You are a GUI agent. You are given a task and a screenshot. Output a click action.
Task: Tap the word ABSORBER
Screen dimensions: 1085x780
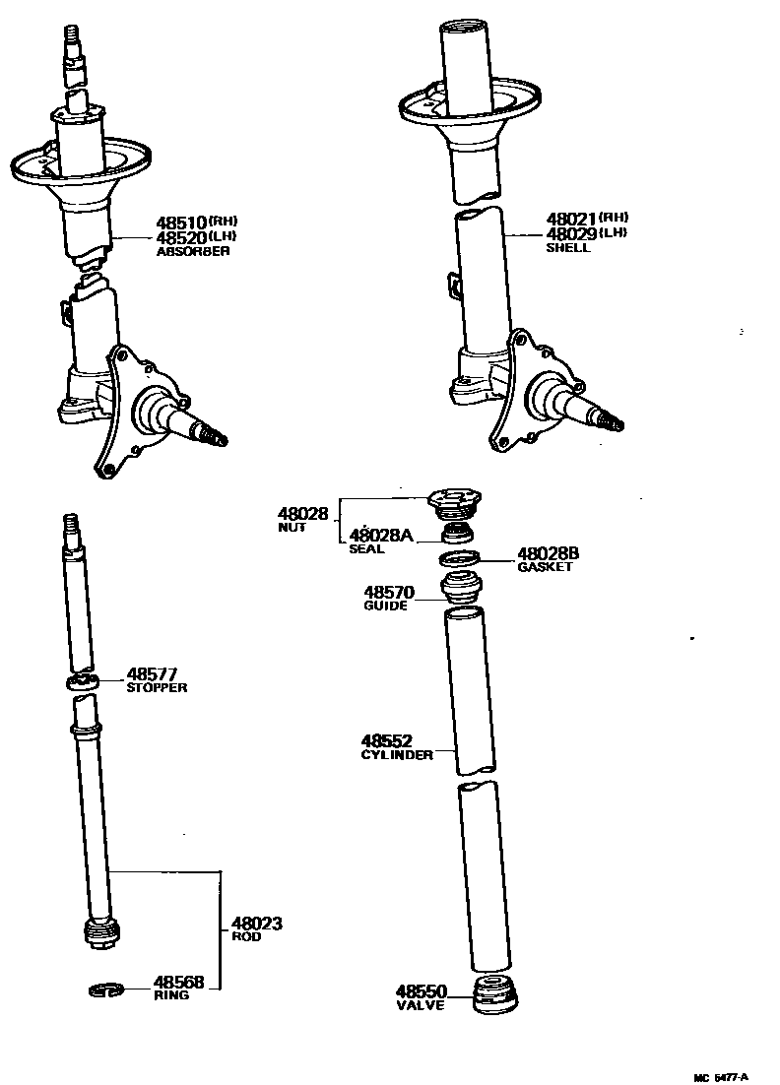pyautogui.click(x=193, y=252)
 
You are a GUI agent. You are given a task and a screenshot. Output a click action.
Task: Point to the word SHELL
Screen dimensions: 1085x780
pyautogui.click(x=568, y=248)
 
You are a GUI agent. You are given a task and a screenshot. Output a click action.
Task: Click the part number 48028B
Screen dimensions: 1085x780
pyautogui.click(x=549, y=553)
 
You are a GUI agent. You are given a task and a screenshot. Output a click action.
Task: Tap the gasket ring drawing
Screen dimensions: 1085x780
pyautogui.click(x=460, y=560)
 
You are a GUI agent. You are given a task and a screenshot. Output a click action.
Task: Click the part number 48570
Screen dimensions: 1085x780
pyautogui.click(x=388, y=593)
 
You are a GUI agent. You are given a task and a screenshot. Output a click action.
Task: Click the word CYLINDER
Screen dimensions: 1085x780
pyautogui.click(x=397, y=755)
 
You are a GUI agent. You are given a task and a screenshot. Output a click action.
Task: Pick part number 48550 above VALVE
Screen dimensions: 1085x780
pyautogui.click(x=422, y=991)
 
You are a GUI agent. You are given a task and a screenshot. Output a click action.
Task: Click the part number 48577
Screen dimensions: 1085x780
pyautogui.click(x=152, y=674)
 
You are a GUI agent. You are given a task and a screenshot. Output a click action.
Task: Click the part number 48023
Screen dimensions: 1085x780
pyautogui.click(x=256, y=924)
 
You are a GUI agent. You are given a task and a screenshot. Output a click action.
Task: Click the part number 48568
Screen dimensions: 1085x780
pyautogui.click(x=178, y=982)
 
